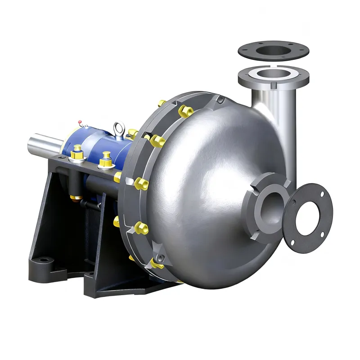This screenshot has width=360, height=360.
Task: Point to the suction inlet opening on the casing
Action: click(x=267, y=205)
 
